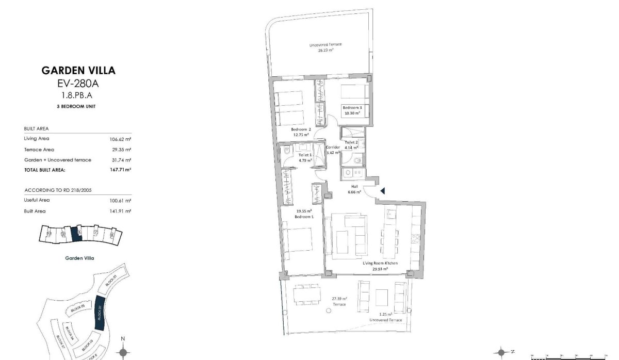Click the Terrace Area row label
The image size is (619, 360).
[40, 150]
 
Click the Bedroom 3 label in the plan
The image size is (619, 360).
[352, 107]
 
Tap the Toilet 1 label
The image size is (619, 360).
[305, 155]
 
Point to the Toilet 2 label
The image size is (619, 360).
[351, 142]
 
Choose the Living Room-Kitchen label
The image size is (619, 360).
[380, 263]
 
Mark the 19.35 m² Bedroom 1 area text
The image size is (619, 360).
[304, 211]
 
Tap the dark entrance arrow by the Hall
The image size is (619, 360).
[382, 191]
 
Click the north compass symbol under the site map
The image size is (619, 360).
[123, 352]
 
